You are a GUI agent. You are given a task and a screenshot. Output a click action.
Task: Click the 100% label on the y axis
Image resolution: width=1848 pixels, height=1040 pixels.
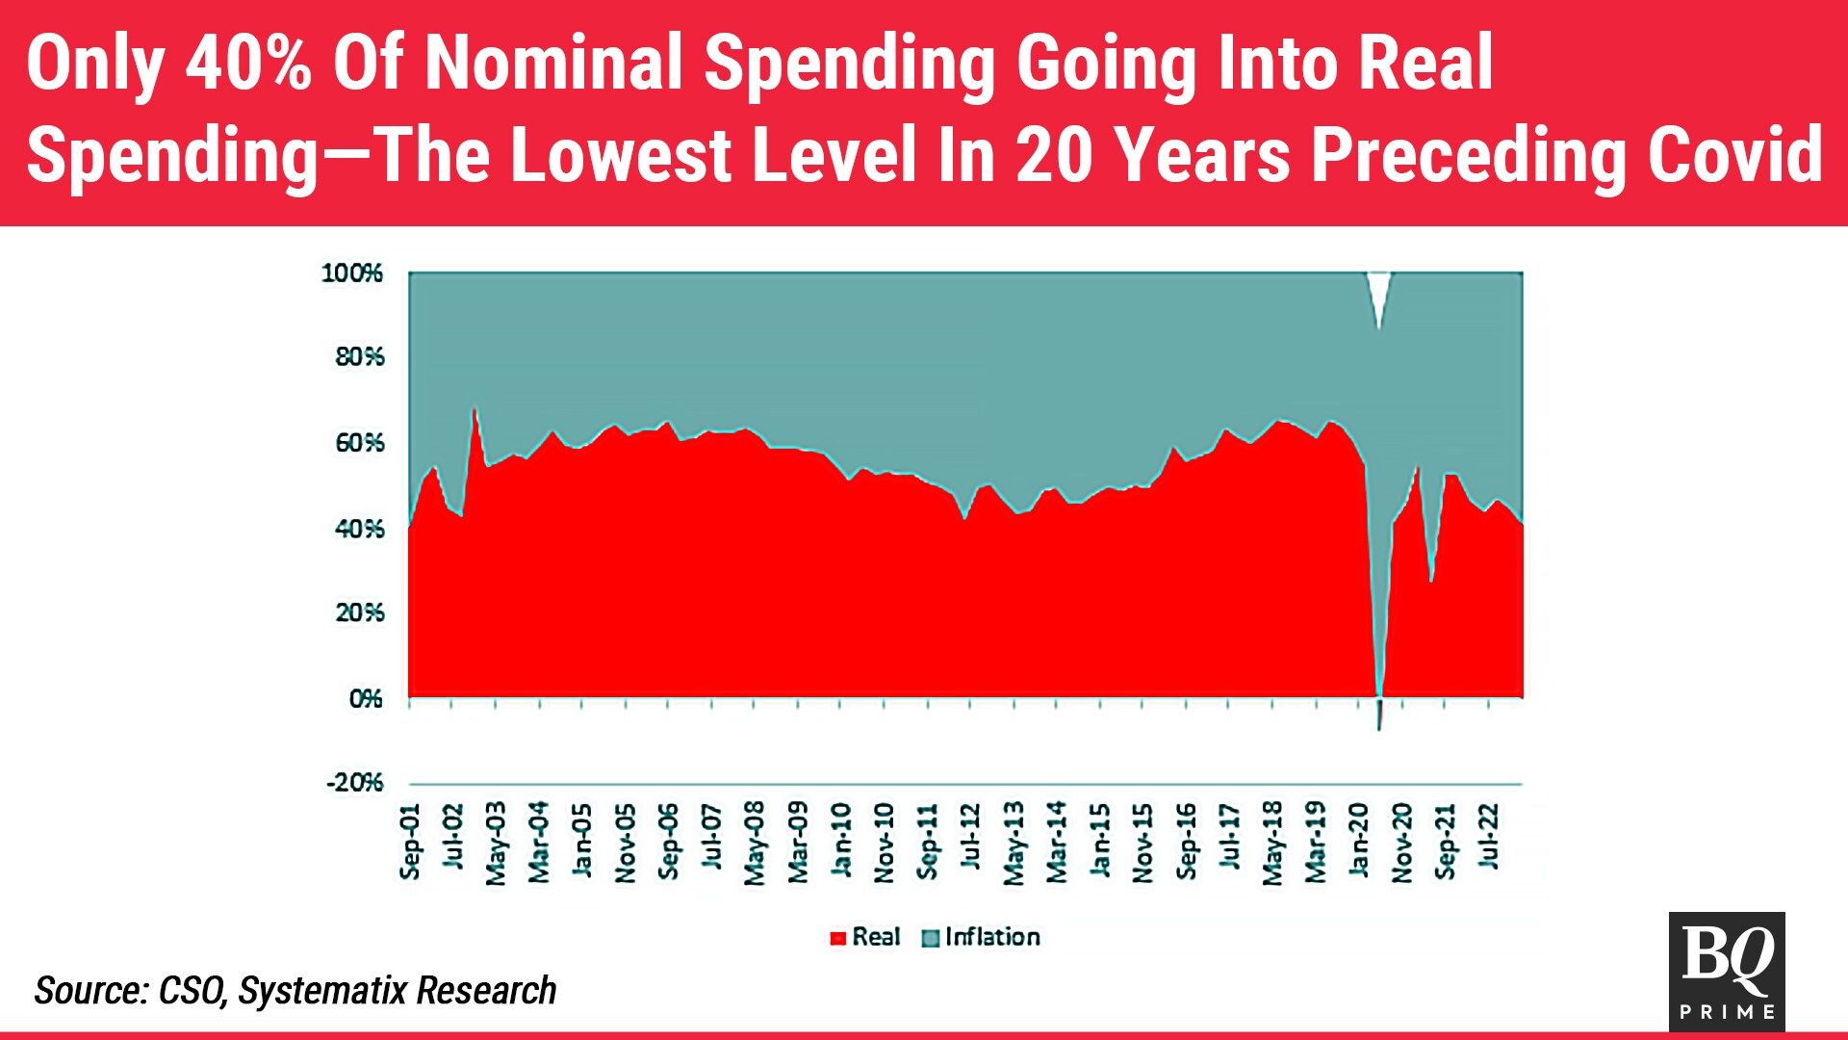(x=351, y=273)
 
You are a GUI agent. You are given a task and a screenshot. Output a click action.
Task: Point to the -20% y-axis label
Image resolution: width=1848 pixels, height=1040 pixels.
(x=354, y=783)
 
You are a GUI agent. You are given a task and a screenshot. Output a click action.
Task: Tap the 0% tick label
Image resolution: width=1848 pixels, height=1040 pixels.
(x=365, y=698)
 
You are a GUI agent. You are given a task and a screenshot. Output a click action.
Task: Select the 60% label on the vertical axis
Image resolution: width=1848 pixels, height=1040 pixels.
(x=359, y=443)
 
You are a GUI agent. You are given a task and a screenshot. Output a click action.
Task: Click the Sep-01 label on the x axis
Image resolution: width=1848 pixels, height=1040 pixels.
(x=410, y=842)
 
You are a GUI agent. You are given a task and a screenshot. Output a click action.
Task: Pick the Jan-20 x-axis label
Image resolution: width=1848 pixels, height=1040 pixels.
(x=1358, y=840)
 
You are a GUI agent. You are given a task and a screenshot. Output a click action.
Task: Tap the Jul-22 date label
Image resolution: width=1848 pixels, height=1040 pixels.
(x=1488, y=836)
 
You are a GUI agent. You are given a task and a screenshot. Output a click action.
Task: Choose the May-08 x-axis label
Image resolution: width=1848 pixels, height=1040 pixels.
(x=755, y=843)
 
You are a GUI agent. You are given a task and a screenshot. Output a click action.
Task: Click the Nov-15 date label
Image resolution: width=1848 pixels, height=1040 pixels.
(x=1142, y=843)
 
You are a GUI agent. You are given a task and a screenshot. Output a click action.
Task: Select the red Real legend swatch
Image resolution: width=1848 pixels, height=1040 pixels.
(x=837, y=938)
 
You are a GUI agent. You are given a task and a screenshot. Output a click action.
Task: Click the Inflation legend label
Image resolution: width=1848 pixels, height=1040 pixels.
(x=992, y=937)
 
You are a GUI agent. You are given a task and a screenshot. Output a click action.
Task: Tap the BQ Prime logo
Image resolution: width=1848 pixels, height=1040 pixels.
(x=1727, y=972)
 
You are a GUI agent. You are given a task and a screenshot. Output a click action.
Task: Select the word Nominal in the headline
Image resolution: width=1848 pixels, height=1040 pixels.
(x=554, y=64)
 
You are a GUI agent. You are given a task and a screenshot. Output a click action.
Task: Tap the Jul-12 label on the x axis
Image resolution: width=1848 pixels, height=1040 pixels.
(x=970, y=837)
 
